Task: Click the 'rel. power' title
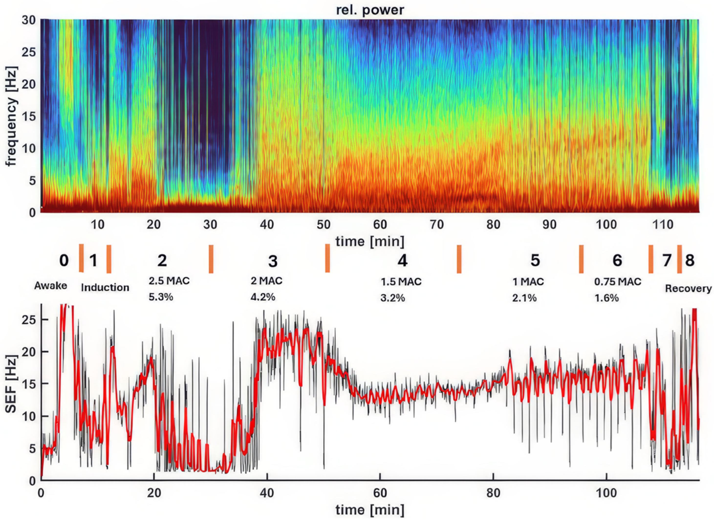click(370, 10)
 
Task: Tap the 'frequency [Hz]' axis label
click(11, 116)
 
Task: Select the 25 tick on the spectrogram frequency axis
click(28, 52)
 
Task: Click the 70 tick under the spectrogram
click(436, 225)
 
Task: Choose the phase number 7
click(667, 260)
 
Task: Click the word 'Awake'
click(51, 286)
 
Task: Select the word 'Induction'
click(105, 288)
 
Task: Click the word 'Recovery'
click(688, 289)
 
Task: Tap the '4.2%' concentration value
click(263, 297)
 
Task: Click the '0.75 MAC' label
click(617, 282)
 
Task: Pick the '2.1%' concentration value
click(524, 298)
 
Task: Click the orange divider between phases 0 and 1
click(81, 258)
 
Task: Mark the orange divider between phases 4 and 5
click(459, 259)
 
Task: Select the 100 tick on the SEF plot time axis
click(606, 493)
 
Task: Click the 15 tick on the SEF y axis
click(28, 384)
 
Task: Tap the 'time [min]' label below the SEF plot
click(370, 510)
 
